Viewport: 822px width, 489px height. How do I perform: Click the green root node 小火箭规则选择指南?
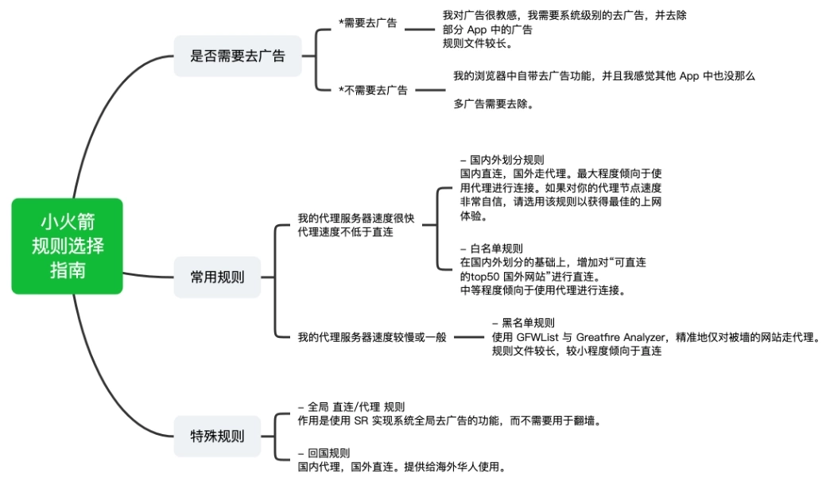[68, 246]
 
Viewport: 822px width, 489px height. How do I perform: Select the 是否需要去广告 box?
[238, 56]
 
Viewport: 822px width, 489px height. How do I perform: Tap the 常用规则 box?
[217, 277]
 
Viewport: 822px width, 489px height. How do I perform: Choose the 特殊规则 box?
[217, 436]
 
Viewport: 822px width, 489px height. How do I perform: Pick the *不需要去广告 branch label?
[373, 90]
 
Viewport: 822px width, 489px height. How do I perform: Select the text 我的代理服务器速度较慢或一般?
[372, 336]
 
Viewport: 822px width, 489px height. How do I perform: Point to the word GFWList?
[537, 337]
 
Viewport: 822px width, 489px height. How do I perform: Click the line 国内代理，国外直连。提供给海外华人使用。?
[401, 467]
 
